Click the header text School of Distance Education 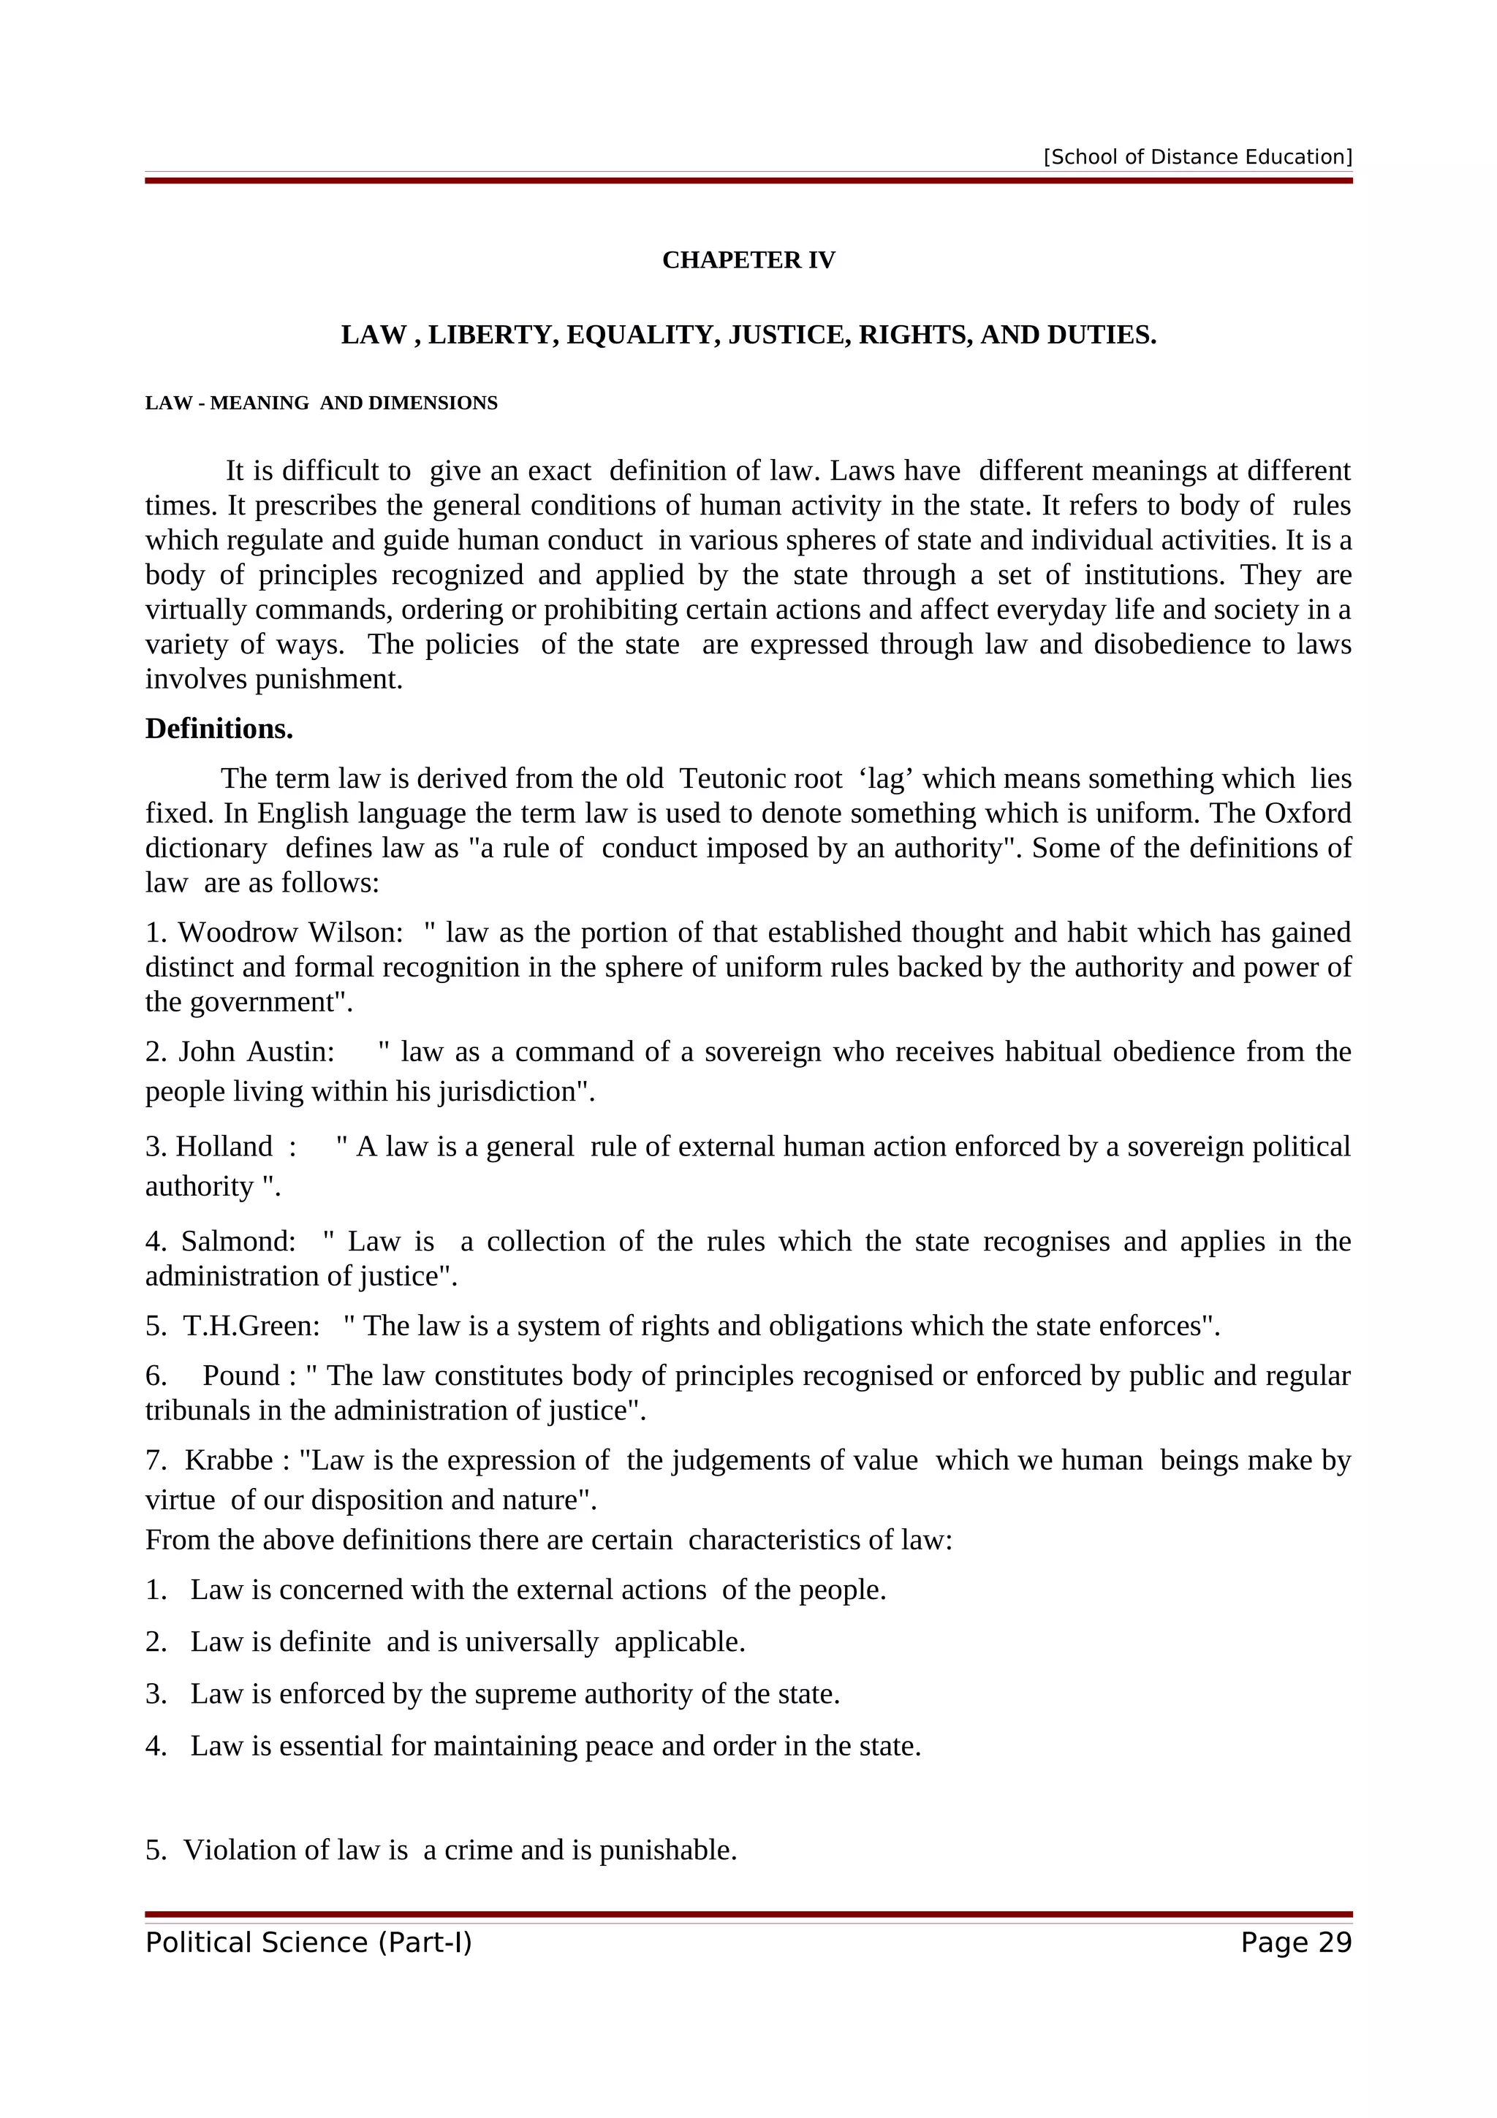(1197, 157)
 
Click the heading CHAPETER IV (748, 260)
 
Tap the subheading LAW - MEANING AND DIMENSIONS (321, 403)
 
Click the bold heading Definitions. (219, 729)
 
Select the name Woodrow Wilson (290, 933)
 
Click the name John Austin (257, 1052)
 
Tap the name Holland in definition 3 (224, 1147)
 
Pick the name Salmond (238, 1242)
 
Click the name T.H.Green (251, 1326)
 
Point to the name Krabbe (229, 1461)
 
